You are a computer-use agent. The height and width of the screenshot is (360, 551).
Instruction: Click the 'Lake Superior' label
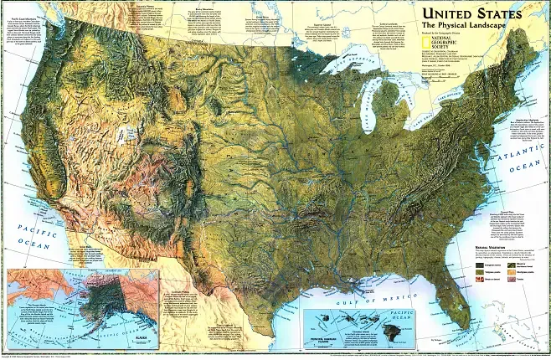[345, 62]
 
